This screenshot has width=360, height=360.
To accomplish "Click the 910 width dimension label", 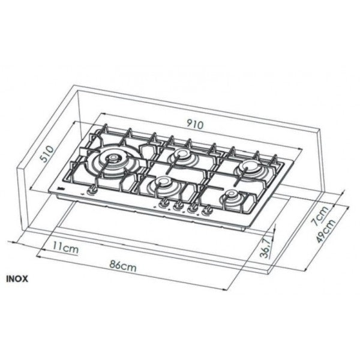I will pos(195,125).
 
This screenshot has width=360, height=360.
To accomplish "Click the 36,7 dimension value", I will pos(264,248).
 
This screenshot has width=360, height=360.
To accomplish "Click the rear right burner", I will pos(247,168).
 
